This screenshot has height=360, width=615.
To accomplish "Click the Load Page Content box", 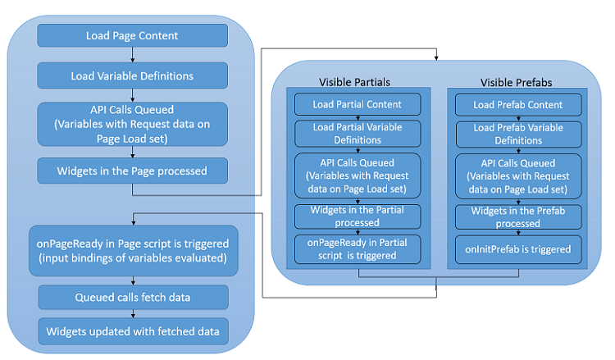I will [132, 35].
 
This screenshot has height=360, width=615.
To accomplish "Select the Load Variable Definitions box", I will [132, 75].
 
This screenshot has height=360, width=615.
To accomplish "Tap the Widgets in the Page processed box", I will [132, 171].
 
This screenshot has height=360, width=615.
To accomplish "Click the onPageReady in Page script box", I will [132, 251].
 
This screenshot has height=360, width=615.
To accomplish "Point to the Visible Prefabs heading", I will [517, 83].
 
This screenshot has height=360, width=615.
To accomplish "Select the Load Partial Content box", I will [358, 105].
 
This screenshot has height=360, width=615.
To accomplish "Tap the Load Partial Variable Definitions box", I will [358, 134].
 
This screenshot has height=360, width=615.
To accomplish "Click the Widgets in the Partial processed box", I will [358, 216].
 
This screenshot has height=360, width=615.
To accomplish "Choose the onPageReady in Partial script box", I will [358, 248].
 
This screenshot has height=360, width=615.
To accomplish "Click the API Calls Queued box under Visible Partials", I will [358, 175].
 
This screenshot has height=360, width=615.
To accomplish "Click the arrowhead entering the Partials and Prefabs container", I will [437, 58].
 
